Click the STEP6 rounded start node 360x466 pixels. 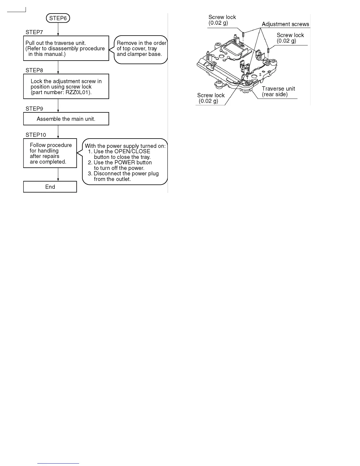(58, 18)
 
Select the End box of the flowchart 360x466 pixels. (50, 187)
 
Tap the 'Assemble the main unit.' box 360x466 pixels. (66, 119)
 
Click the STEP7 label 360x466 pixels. (34, 32)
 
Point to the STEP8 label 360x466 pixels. (34, 70)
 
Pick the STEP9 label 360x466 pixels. (34, 109)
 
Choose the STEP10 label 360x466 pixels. (36, 135)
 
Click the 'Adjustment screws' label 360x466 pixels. (285, 24)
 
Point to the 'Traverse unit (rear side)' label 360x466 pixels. (278, 91)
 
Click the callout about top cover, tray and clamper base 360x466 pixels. (141, 49)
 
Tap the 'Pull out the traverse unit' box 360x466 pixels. (66, 48)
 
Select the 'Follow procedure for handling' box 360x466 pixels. (50, 153)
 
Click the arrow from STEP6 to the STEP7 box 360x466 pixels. (58, 29)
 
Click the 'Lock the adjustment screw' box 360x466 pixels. (66, 86)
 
